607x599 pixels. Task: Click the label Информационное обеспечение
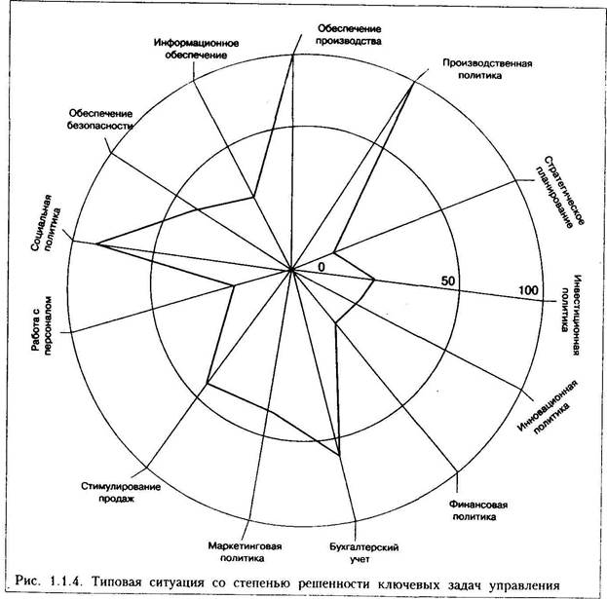coord(197,49)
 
